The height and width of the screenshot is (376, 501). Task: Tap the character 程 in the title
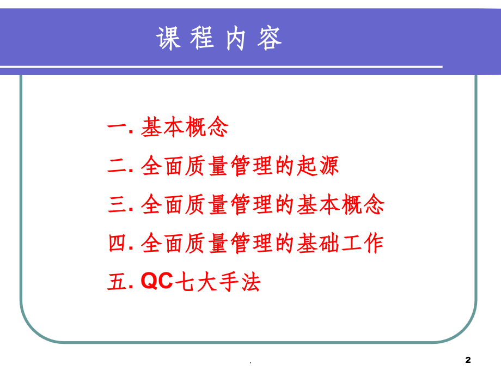[x=203, y=38]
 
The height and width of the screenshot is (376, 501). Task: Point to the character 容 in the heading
[x=270, y=38]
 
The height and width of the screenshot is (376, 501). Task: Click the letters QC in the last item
[x=157, y=282]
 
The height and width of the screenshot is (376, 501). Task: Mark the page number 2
[x=468, y=359]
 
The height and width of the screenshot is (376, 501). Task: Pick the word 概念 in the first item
[x=207, y=128]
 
